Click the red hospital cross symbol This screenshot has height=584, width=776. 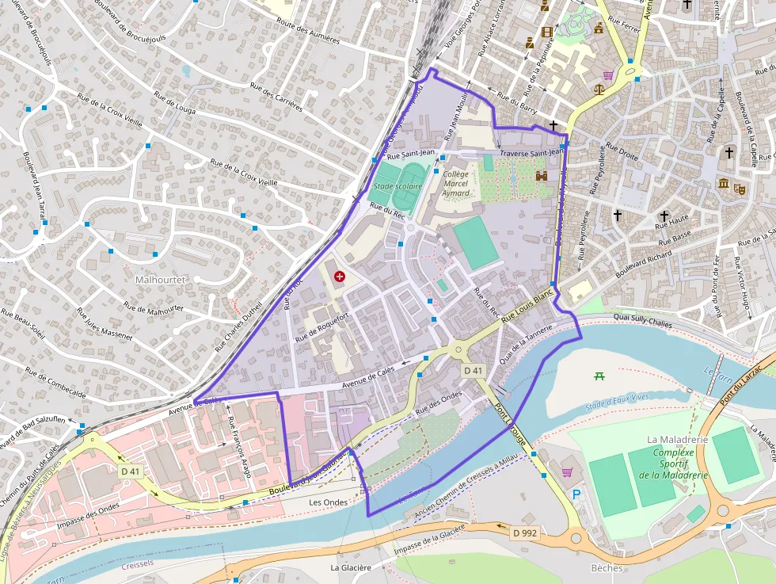pos(340,276)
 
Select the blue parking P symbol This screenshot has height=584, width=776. pos(576,494)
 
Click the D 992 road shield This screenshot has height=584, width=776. pos(525,533)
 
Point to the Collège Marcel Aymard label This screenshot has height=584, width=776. pos(456,183)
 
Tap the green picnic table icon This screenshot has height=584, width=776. pos(599,376)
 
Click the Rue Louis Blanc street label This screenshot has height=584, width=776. pos(528,307)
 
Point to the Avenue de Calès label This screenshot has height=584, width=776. pos(368,373)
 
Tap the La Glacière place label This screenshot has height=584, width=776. pos(351,567)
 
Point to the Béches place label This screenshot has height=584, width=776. pos(607,567)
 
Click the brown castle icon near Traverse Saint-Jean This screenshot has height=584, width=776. pos(542,176)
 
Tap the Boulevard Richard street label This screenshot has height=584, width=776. pos(642,266)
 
